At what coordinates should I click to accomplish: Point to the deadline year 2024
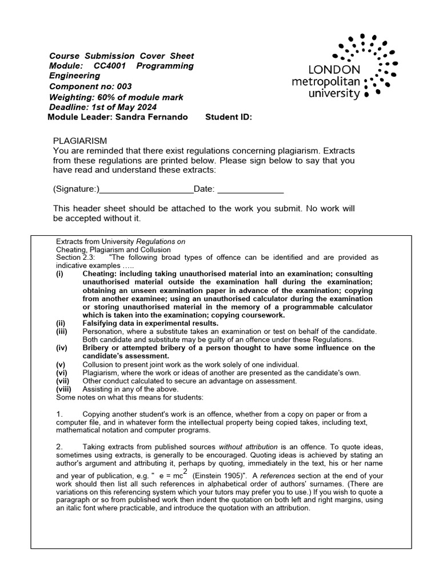tap(146, 107)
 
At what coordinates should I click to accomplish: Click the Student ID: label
tap(228, 117)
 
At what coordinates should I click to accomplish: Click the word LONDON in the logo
tap(334, 70)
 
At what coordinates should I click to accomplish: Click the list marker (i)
tap(59, 274)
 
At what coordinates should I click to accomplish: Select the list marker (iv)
tap(61, 348)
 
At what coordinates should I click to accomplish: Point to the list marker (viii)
tap(62, 389)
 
